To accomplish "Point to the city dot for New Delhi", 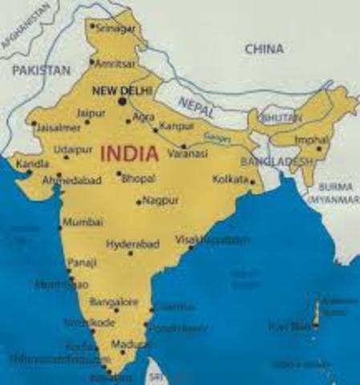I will pos(123,102).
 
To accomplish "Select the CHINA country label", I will pos(264,50).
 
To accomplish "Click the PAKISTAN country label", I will pos(41,71).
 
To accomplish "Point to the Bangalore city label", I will pos(115,302).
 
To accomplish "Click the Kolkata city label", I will pos(231,179).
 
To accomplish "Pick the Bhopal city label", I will pos(138,178).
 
